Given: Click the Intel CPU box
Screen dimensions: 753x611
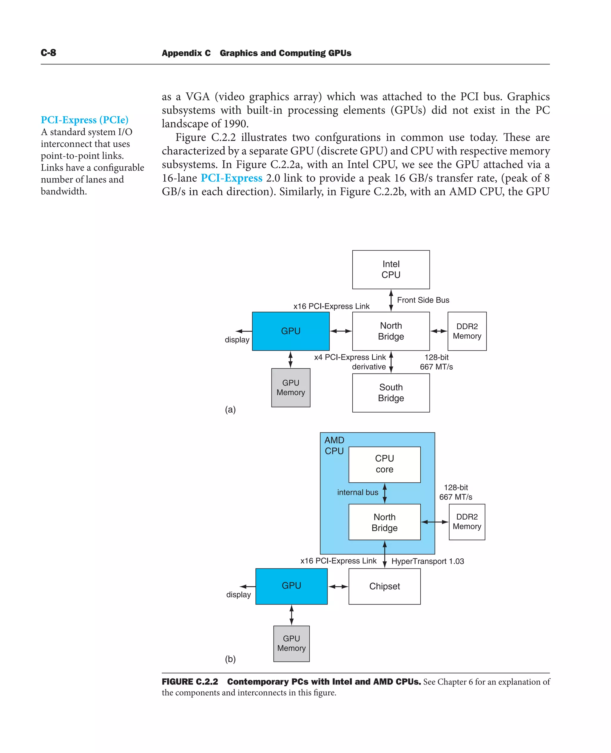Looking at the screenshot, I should [x=391, y=269].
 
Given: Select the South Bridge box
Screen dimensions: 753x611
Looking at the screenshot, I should [x=391, y=393].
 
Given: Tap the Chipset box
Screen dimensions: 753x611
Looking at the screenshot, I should [x=384, y=586].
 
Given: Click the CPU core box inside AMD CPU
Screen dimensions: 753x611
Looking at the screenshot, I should [x=384, y=464].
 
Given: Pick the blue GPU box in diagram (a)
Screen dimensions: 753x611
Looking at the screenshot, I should [x=291, y=331].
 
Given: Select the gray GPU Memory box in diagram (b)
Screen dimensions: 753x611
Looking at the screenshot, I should [x=291, y=643].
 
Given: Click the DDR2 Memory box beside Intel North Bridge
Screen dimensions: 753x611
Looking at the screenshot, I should [x=467, y=331].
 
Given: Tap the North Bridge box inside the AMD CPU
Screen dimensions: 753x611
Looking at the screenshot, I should [x=384, y=522].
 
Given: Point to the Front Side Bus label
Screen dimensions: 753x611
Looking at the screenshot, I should [x=423, y=300].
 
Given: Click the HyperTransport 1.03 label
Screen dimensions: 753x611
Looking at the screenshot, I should [x=427, y=561].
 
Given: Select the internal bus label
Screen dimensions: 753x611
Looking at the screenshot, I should [x=358, y=492].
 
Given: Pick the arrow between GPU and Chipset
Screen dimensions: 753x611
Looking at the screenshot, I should [x=338, y=586].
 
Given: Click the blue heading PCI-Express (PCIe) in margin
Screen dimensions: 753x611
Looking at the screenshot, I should [x=84, y=120].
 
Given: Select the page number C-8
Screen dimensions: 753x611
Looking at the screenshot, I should [x=48, y=53].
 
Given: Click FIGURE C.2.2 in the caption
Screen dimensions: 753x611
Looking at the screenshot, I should [x=190, y=681].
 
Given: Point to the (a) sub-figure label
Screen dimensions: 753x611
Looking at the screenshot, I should [x=230, y=409].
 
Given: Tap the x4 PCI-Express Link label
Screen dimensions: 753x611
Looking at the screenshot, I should [x=350, y=357].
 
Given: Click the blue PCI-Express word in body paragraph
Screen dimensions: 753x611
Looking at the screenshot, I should [x=231, y=178].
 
